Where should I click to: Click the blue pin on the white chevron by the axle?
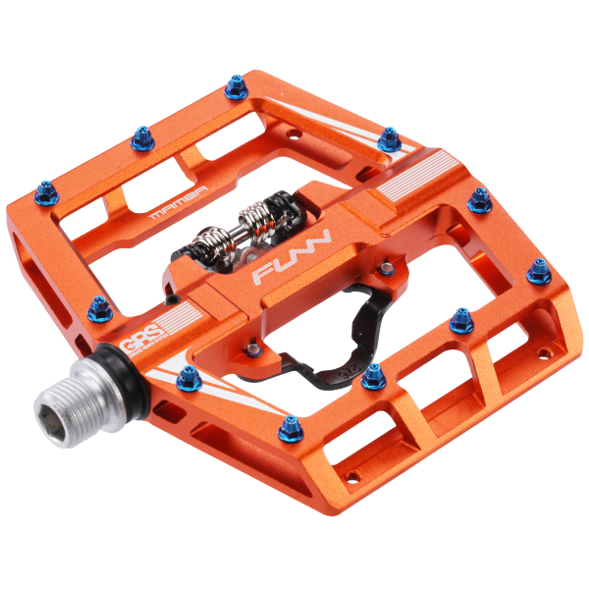[x=187, y=374]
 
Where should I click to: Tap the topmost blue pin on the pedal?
[x=236, y=90]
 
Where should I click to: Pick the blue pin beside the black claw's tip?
[x=373, y=374]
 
